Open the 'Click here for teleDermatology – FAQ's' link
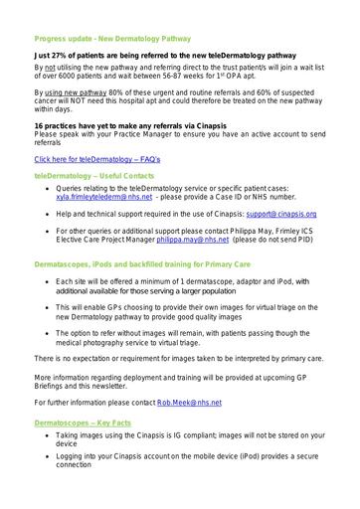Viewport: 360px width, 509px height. (x=90, y=158)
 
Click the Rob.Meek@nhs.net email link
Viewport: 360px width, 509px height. (x=188, y=405)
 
